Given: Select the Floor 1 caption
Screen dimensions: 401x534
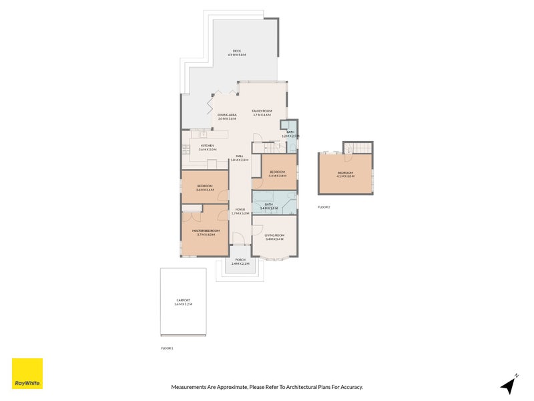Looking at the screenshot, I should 167,348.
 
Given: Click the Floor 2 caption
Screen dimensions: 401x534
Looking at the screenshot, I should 324,207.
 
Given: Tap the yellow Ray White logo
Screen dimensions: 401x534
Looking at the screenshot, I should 27,374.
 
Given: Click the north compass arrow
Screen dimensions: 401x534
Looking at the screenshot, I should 509,384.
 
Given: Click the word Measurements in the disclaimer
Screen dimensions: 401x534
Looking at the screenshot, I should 189,387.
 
